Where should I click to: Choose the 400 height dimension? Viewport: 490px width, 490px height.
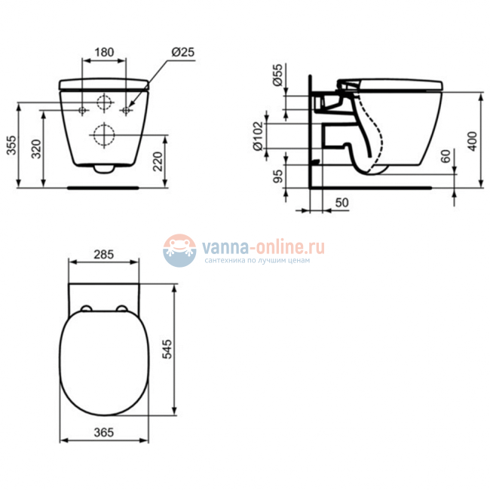[473, 139]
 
